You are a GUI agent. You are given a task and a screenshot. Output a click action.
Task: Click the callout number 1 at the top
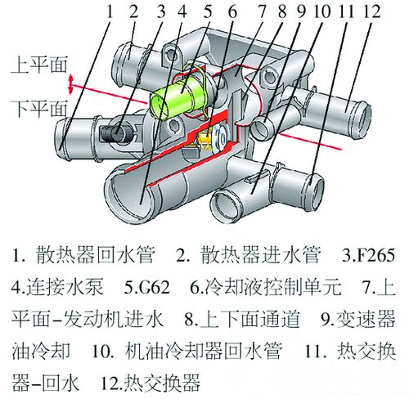(x=110, y=12)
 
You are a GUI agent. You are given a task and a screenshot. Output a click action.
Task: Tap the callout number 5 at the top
(x=208, y=12)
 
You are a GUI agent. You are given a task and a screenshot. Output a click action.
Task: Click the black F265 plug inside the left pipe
(x=113, y=133)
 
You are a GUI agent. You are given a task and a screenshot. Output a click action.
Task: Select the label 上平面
(x=38, y=65)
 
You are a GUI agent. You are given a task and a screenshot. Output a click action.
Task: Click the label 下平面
(x=38, y=109)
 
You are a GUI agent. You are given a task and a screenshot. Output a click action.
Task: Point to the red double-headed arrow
(x=70, y=84)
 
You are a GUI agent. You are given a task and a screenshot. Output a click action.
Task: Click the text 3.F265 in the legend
(x=368, y=255)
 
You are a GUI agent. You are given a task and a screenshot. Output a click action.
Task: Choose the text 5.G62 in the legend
(x=147, y=287)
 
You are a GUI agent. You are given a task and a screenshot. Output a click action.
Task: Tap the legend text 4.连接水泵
(x=57, y=287)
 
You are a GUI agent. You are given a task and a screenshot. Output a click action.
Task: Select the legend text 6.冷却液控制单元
(x=266, y=287)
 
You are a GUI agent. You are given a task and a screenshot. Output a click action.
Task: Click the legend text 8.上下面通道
(x=241, y=319)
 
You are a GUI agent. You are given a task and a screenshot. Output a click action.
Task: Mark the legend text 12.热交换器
(x=151, y=383)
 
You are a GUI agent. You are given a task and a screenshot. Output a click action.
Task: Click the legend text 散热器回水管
(x=96, y=255)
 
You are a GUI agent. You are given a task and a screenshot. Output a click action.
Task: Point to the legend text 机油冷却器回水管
(x=203, y=351)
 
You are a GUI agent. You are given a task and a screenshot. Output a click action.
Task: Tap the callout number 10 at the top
(x=322, y=12)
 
